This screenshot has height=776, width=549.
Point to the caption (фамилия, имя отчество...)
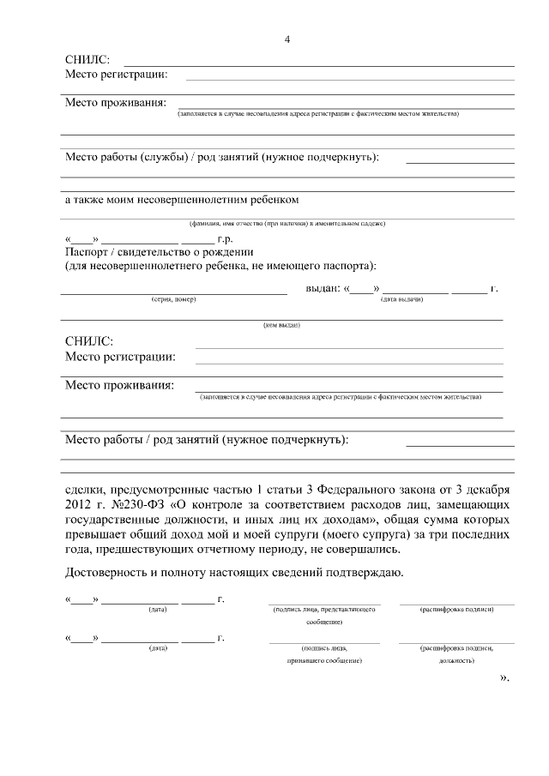tap(287, 224)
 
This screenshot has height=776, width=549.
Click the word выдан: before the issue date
tap(323, 287)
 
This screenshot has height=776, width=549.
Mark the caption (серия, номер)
tap(173, 299)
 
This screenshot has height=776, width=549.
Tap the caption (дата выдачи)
tap(400, 299)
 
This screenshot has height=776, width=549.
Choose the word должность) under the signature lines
tap(456, 661)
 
